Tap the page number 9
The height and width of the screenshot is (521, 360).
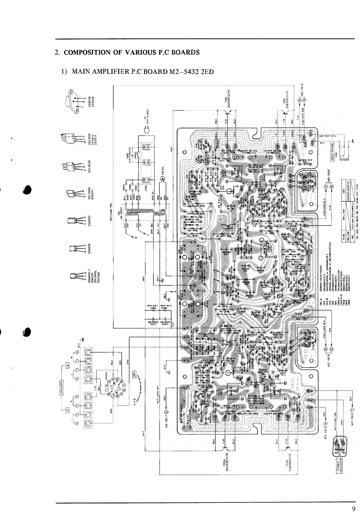353,509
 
